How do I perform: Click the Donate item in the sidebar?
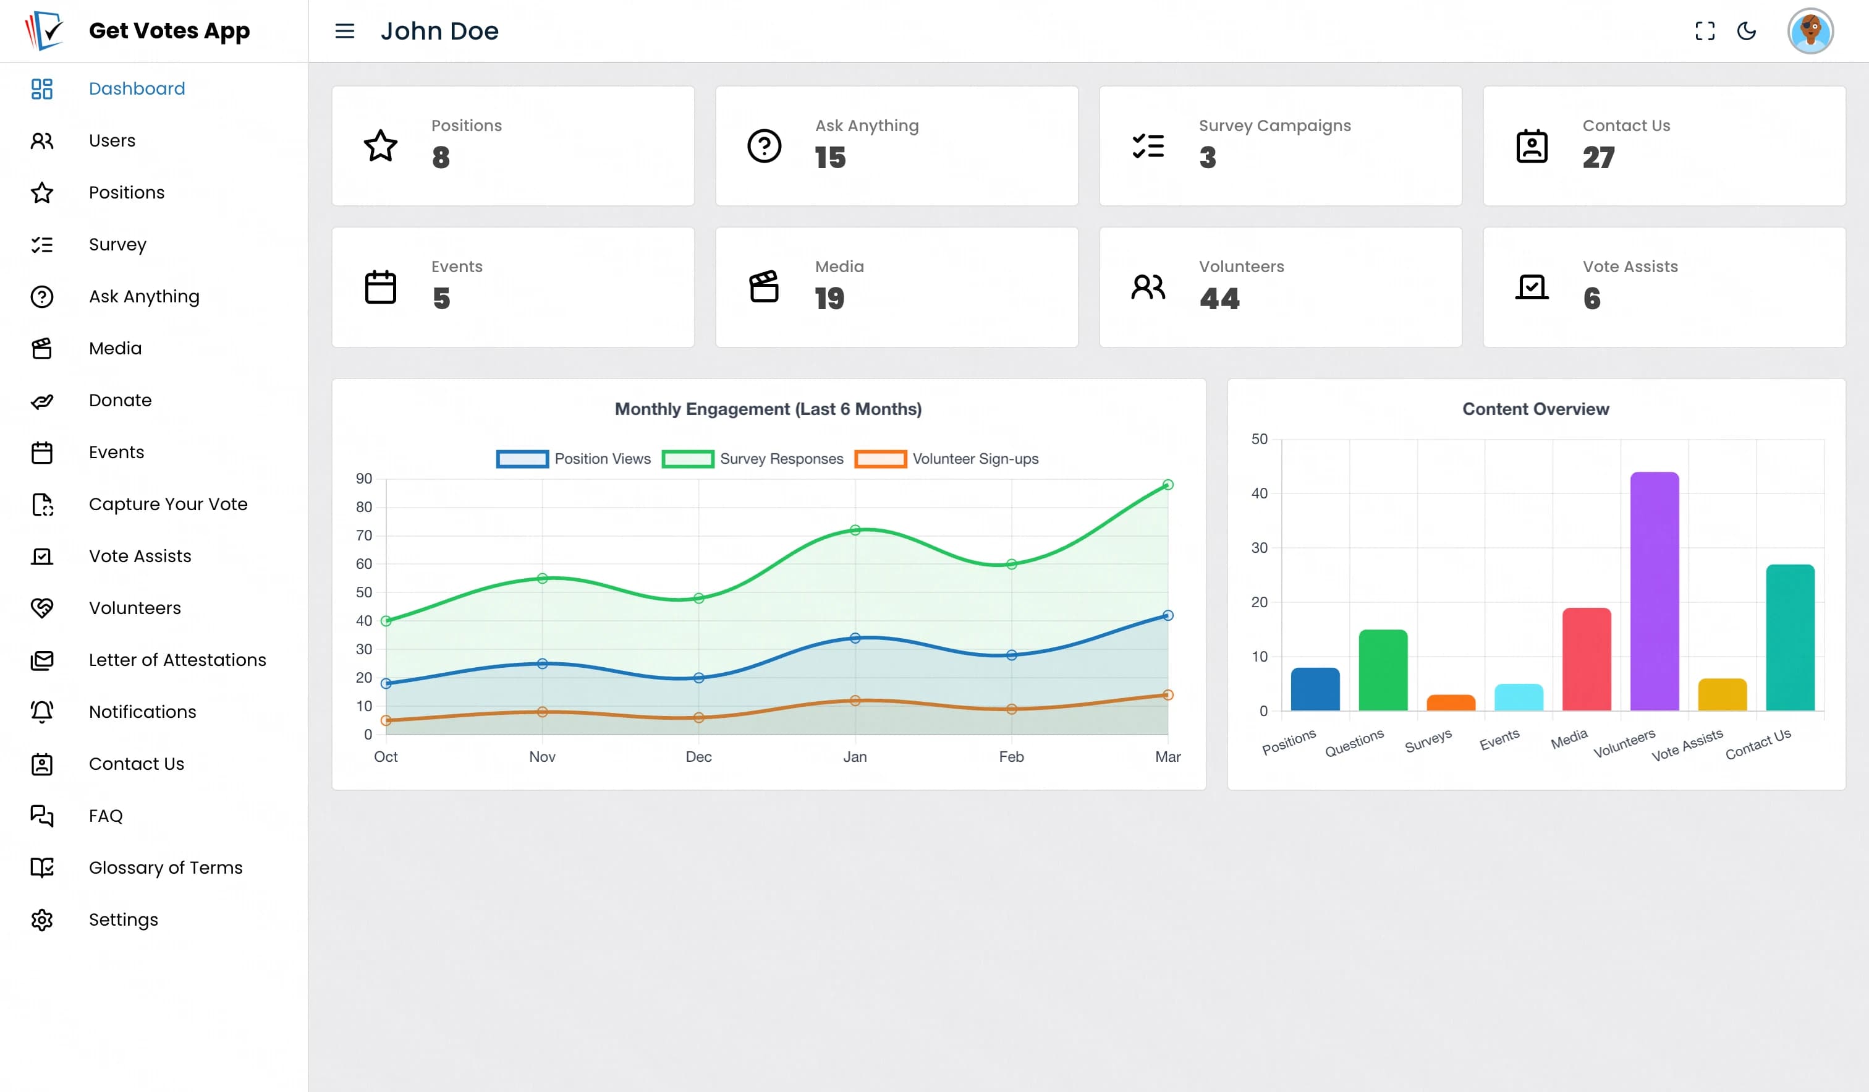point(120,401)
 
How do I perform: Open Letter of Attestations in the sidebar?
point(177,660)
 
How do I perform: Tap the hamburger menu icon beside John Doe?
point(345,31)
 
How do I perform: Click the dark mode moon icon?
point(1747,31)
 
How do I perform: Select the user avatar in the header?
point(1810,31)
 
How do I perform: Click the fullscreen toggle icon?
point(1705,31)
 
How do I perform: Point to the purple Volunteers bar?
point(1654,591)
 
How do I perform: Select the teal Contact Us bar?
point(1791,638)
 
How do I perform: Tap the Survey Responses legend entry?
point(753,459)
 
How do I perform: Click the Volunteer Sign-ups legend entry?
point(946,459)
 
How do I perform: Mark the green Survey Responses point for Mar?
point(1168,485)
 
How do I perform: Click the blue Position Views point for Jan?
point(855,638)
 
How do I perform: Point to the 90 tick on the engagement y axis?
point(364,479)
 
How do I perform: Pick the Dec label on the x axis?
point(698,757)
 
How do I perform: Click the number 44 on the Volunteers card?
point(1219,298)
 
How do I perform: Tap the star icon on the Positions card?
point(381,146)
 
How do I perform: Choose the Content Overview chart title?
point(1536,409)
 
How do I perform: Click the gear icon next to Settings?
point(42,920)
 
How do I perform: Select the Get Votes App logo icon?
point(44,30)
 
